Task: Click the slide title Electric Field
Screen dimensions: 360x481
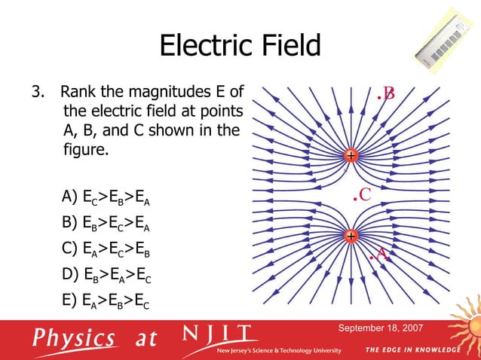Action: [240, 46]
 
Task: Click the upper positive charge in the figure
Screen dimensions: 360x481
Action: [351, 156]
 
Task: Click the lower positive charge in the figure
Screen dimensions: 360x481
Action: [351, 236]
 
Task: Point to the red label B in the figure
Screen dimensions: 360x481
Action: [388, 93]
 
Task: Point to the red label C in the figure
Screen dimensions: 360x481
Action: [363, 195]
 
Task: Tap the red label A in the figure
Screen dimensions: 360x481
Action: [381, 255]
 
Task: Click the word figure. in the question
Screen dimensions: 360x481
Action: [86, 150]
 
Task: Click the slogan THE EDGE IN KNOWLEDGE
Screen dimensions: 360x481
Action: [412, 351]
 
